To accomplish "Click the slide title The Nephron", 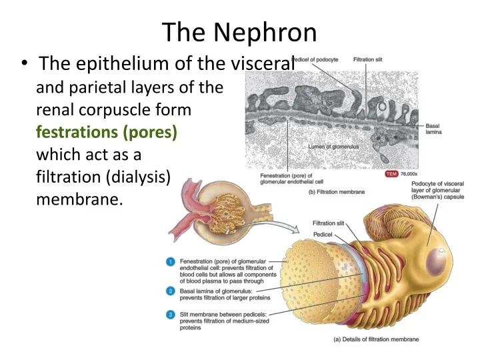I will pos(240,31).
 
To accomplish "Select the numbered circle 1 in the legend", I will pos(171,261).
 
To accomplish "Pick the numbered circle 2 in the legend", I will pos(171,291).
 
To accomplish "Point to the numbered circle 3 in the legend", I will pos(171,314).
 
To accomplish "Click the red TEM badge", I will pos(393,175).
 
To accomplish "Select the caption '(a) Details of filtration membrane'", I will pos(376,339).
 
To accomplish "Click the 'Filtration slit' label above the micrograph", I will pos(367,60).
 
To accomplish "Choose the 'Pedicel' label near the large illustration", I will pos(323,235).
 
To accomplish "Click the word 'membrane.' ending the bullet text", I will pos(79,200).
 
